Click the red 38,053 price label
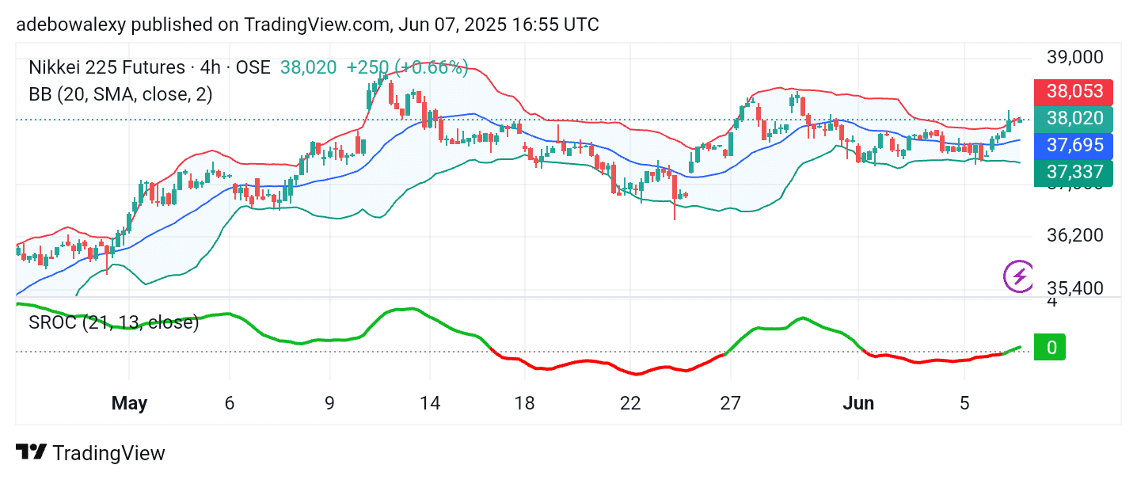click(1074, 92)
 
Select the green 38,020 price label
click(1074, 119)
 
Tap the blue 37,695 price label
click(1074, 145)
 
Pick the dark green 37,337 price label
click(1074, 173)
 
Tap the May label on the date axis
click(129, 403)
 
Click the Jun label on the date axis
click(858, 403)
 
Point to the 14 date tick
click(429, 403)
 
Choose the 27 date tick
click(730, 403)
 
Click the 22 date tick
click(629, 403)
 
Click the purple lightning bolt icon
click(1018, 276)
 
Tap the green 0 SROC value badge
click(1051, 347)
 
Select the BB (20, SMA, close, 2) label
click(120, 94)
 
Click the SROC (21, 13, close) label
click(114, 322)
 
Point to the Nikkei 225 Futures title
click(107, 68)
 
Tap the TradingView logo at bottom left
click(90, 453)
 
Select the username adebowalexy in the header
click(70, 25)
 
